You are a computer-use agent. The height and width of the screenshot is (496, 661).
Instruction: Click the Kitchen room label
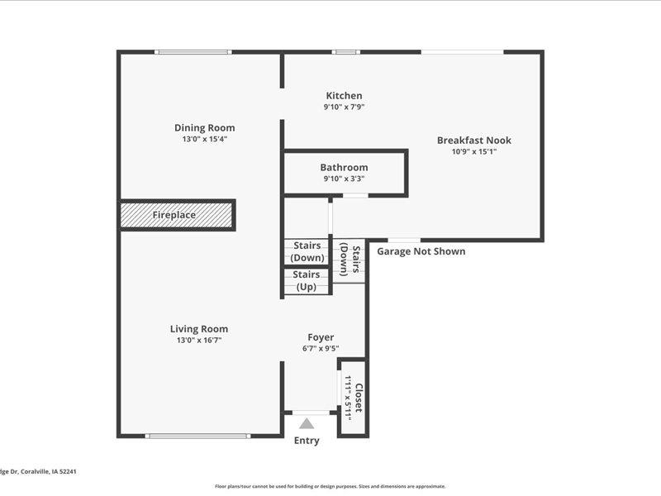(x=344, y=96)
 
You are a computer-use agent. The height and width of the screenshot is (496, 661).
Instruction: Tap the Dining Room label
(x=204, y=127)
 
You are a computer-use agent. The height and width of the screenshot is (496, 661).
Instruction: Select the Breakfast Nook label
(x=473, y=141)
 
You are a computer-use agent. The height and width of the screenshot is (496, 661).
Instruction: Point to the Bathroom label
(x=344, y=167)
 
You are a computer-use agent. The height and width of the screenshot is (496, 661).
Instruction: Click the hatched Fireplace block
(x=177, y=215)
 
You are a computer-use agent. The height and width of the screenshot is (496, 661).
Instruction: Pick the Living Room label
(x=199, y=328)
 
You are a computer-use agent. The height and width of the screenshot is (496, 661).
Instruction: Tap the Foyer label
(x=321, y=337)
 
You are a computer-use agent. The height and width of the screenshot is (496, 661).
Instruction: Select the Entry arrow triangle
(x=307, y=423)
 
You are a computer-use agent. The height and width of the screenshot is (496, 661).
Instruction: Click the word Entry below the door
(x=307, y=441)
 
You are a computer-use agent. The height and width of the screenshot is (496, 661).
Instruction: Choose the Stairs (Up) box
(x=307, y=280)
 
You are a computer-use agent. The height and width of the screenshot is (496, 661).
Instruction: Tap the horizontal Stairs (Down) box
(x=307, y=251)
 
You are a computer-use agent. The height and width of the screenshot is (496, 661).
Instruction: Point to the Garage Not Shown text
(x=421, y=251)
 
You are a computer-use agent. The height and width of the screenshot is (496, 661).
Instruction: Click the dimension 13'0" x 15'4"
(x=204, y=139)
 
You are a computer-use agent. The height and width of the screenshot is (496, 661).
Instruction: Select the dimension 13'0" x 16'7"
(x=199, y=340)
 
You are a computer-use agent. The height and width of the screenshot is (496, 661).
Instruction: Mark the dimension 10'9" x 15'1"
(x=473, y=151)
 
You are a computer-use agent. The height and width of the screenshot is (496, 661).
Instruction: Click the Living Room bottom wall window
(x=197, y=436)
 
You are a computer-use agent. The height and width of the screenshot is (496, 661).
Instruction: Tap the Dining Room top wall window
(x=193, y=52)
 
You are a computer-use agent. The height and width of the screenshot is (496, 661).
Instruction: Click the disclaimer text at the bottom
(x=330, y=486)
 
